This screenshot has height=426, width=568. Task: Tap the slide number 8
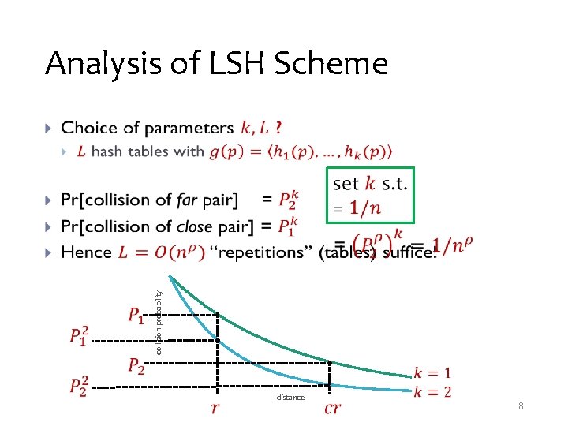[521, 405]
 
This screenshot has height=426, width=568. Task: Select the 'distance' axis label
[290, 398]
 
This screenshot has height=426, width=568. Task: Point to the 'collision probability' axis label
[159, 322]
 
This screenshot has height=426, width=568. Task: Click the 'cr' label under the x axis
[333, 408]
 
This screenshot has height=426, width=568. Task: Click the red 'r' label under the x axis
[215, 408]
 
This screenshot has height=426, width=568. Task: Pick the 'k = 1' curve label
[432, 372]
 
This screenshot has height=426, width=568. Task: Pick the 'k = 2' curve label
[432, 391]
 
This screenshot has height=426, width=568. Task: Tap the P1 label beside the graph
[136, 316]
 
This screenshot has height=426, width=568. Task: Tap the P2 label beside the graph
[136, 365]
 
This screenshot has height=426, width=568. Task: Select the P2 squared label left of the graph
[79, 386]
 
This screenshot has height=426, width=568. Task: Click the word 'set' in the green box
[346, 184]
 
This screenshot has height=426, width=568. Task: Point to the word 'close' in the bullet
[194, 226]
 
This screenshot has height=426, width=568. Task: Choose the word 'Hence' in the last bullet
[86, 252]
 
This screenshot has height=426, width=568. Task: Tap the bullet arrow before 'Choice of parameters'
[49, 128]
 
